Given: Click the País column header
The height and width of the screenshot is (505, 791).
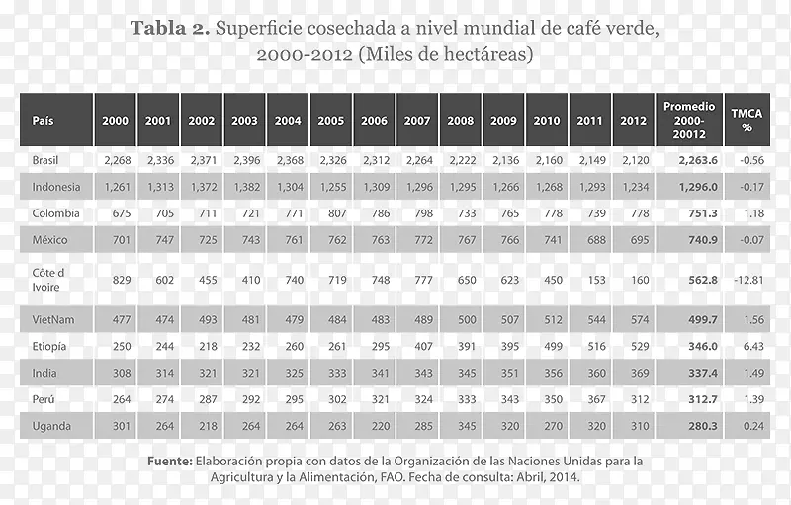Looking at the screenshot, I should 43,121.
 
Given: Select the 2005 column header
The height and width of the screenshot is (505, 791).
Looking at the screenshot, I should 331,121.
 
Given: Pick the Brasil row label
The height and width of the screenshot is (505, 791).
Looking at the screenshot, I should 46,160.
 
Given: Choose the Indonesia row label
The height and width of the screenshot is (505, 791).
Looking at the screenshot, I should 55,187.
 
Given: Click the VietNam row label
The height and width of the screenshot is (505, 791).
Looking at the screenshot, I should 52,319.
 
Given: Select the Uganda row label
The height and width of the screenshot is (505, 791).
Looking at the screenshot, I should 50,426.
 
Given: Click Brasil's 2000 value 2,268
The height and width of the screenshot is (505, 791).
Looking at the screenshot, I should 115,160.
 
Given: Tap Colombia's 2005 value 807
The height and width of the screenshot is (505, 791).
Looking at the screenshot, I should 331,213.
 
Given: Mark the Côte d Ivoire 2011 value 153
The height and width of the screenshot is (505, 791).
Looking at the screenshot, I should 590,280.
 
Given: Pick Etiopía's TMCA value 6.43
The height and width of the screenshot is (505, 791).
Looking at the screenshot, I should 752,346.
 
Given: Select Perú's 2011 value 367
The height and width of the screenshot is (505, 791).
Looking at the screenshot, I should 590,399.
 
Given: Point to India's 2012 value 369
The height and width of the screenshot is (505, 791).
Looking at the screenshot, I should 634,373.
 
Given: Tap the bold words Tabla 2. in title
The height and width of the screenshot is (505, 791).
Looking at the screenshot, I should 169,29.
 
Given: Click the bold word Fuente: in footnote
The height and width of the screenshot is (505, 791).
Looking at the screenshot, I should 169,461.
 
